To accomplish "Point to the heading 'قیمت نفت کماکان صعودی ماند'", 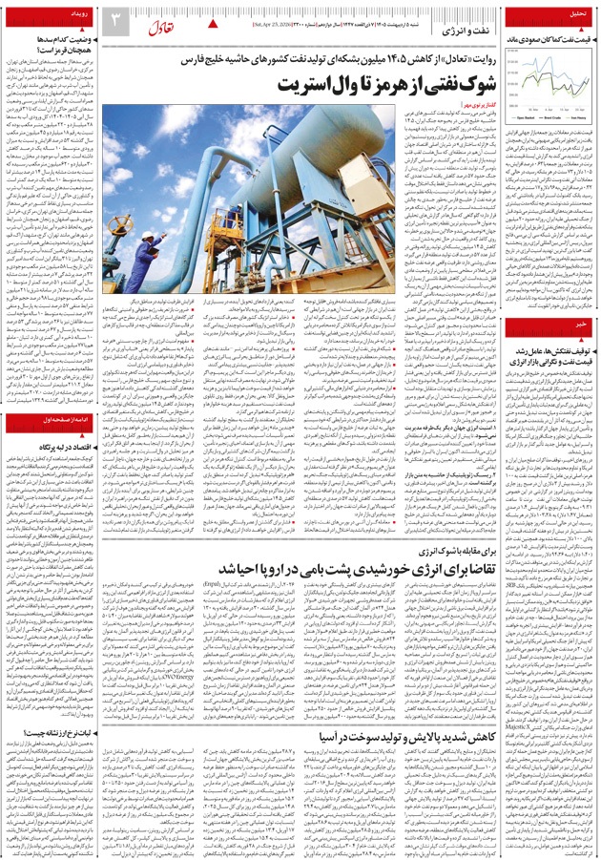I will click(548, 41).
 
